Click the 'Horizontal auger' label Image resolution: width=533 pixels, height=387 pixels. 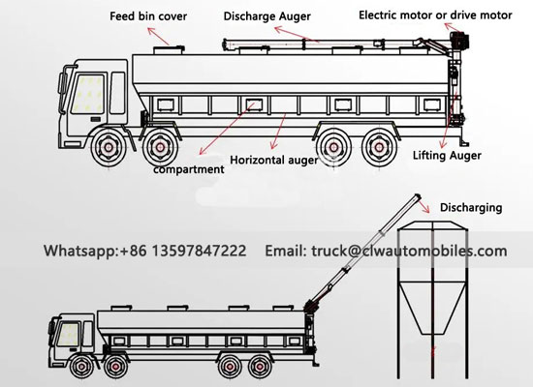click(274, 159)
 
